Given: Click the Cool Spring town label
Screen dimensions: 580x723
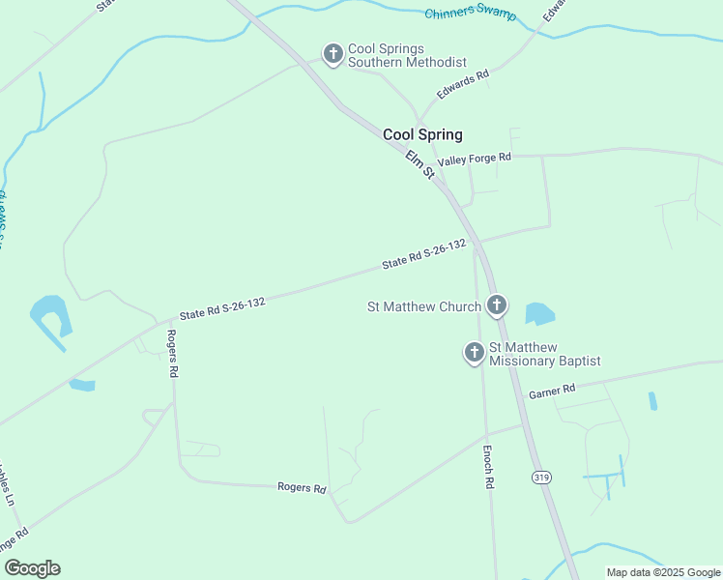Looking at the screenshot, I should point(422,134).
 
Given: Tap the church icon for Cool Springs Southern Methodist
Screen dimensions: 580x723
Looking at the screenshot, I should point(333,54).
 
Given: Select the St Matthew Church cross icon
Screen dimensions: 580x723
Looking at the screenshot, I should point(497,306).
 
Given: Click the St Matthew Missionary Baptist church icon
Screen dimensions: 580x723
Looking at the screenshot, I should point(475,353).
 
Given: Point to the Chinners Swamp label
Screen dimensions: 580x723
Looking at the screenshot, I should point(471,15).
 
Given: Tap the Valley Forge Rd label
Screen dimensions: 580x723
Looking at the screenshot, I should point(474,158).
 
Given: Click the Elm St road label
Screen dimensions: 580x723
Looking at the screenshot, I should point(419,164).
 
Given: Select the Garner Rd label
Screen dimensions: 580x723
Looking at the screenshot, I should point(552,391).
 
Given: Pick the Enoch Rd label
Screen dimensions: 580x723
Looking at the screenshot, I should point(489,466).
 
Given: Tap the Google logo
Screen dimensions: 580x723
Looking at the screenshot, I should point(32,568).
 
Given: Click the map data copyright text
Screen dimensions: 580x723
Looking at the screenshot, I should point(663,572).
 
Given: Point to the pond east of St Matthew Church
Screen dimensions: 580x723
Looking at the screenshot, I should point(539,314).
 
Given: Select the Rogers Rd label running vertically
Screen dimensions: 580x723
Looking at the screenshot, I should point(172,353).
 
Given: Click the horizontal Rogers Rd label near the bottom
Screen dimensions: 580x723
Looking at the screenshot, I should point(302,488).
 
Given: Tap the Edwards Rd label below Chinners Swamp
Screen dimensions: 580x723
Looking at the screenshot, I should point(463,84).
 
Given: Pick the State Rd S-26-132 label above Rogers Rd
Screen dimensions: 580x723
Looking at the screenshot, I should point(222,308).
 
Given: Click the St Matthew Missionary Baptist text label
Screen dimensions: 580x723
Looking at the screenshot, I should point(544,354).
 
